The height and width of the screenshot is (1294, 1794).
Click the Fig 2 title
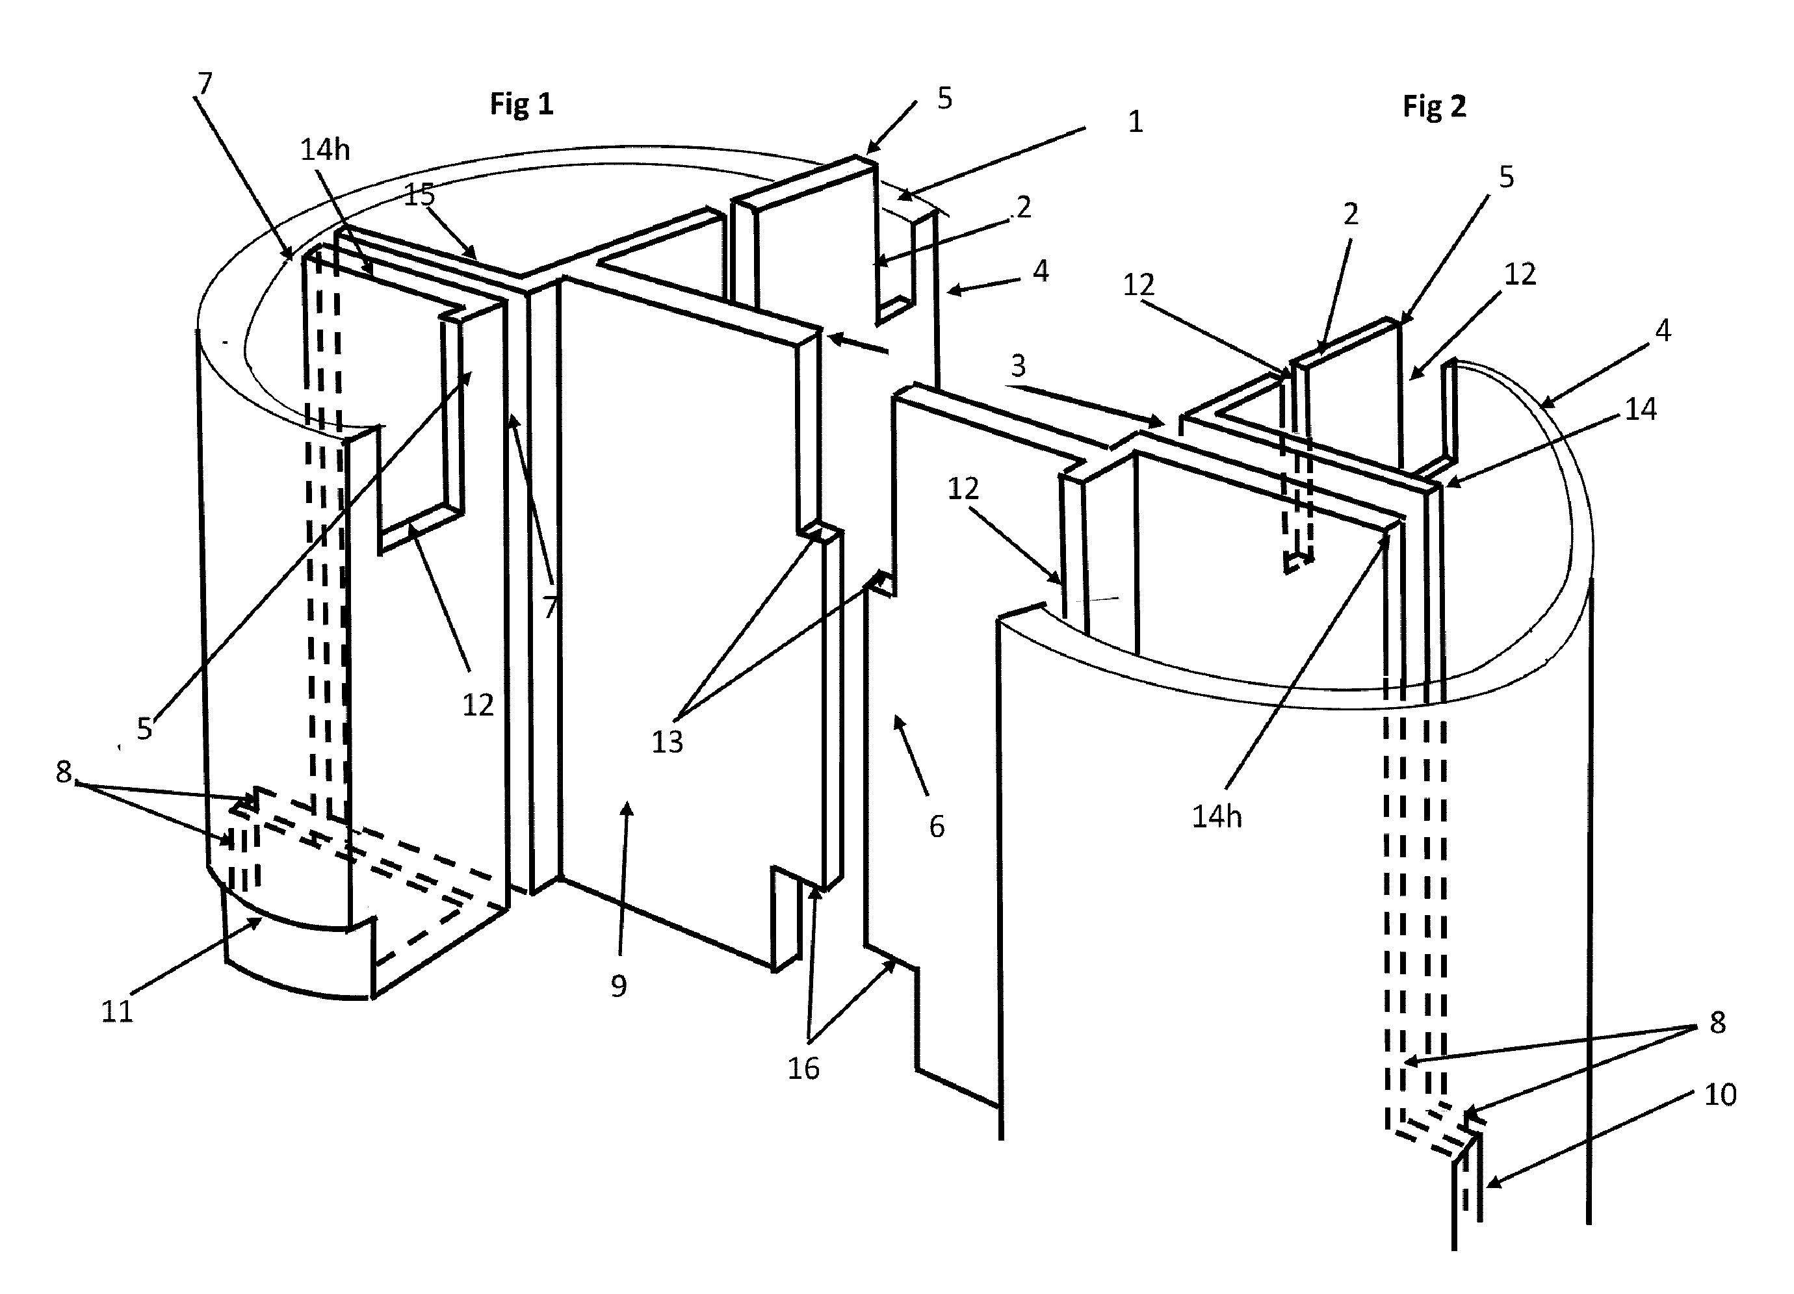pyautogui.click(x=1434, y=107)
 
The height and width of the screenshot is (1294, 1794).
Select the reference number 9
pyautogui.click(x=619, y=985)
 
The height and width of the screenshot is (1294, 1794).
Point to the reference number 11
pyautogui.click(x=117, y=1012)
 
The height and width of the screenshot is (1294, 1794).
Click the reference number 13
pyautogui.click(x=667, y=742)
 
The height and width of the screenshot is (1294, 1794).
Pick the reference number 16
pyautogui.click(x=803, y=1068)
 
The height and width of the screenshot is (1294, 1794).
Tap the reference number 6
pyautogui.click(x=937, y=827)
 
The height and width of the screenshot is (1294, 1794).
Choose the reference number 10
pyautogui.click(x=1721, y=1094)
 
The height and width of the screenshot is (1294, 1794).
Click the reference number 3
pyautogui.click(x=1018, y=365)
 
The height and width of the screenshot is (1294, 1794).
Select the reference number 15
pyautogui.click(x=419, y=194)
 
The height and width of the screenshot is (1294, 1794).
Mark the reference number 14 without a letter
pyautogui.click(x=1641, y=409)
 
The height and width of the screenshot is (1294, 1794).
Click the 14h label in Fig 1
pyautogui.click(x=325, y=149)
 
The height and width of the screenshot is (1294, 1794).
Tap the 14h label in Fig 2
pyautogui.click(x=1217, y=817)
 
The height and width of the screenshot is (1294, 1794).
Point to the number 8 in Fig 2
pyautogui.click(x=1717, y=1023)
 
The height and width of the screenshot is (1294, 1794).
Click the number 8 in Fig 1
pyautogui.click(x=63, y=771)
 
